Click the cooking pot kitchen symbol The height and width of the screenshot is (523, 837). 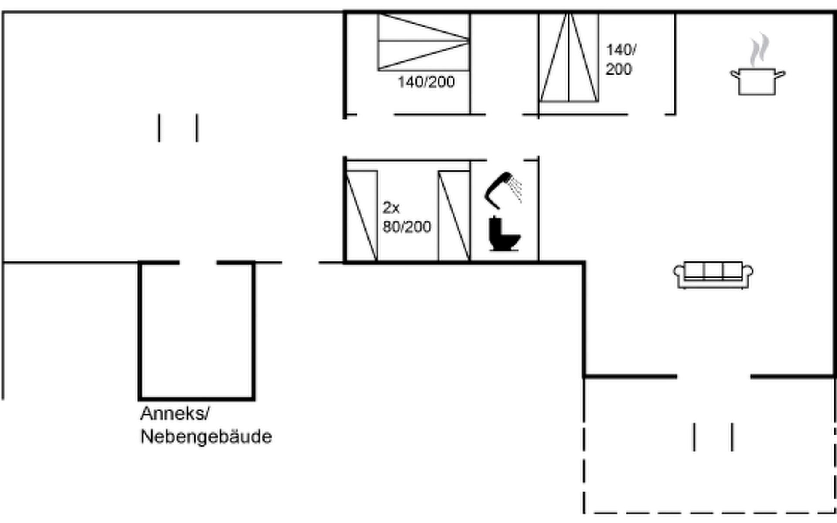[758, 82]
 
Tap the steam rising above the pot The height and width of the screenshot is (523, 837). [759, 49]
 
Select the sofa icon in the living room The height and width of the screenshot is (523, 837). [713, 275]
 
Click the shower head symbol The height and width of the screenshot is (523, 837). [504, 190]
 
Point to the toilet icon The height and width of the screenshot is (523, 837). [504, 234]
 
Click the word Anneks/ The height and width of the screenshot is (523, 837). [175, 414]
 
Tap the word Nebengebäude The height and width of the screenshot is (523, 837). [206, 436]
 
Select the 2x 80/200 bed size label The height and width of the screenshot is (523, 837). [407, 217]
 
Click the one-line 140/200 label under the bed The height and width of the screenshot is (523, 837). [426, 82]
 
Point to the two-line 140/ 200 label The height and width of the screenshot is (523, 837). [621, 59]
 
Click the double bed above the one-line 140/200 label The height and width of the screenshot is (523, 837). [423, 42]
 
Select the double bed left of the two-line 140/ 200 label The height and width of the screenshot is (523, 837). [569, 58]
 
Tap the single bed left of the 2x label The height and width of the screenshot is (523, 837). [361, 216]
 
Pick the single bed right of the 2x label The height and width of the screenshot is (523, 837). [454, 216]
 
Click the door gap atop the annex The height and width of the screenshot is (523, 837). [198, 262]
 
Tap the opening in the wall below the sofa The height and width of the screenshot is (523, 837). [714, 376]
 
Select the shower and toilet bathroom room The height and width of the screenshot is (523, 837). [504, 211]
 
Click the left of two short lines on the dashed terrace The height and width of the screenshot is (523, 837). [694, 437]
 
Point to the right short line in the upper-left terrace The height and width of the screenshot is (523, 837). [197, 128]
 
